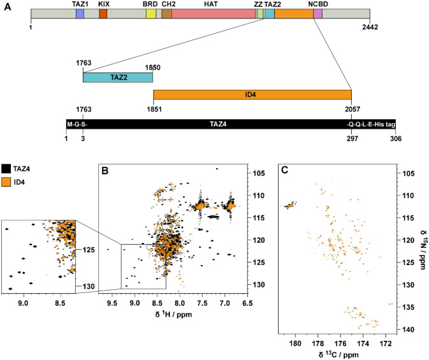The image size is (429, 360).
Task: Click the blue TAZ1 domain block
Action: pyautogui.click(x=80, y=14)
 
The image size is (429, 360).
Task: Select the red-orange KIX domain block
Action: pyautogui.click(x=103, y=14)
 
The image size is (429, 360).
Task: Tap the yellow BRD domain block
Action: pyautogui.click(x=151, y=14)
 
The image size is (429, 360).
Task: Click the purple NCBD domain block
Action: pyautogui.click(x=318, y=14)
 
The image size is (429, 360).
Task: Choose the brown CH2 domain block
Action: pyautogui.click(x=166, y=14)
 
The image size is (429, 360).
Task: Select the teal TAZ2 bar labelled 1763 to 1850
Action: pyautogui.click(x=117, y=77)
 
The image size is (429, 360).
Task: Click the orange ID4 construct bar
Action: pyautogui.click(x=252, y=94)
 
